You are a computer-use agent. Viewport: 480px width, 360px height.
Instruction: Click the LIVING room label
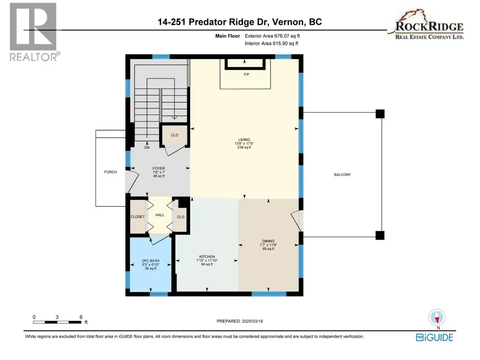click(244, 140)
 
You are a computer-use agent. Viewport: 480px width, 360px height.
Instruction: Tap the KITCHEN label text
click(207, 257)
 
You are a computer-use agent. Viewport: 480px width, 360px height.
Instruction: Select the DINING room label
click(268, 241)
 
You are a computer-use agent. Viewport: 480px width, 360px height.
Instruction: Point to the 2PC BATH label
click(151, 261)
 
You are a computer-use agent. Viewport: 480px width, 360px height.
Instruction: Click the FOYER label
click(159, 169)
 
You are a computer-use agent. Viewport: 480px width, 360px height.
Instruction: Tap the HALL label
click(160, 215)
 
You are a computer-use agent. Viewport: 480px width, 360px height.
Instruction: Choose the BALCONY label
click(342, 175)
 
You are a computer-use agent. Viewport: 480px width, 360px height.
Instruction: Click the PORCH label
click(111, 172)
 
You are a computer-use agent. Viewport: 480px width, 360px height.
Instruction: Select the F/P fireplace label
click(246, 74)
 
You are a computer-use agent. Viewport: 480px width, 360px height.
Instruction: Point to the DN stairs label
click(147, 147)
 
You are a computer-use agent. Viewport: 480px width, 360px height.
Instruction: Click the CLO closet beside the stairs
click(175, 135)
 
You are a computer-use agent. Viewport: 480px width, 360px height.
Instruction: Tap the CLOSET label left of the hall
click(138, 217)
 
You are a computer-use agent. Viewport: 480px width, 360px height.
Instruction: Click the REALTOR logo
click(33, 31)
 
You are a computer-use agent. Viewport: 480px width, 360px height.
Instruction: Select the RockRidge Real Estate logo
click(427, 24)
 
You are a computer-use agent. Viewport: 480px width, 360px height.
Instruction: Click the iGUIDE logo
click(435, 338)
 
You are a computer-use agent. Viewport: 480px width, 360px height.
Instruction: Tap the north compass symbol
click(437, 317)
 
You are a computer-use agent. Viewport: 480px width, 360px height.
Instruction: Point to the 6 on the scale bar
click(81, 317)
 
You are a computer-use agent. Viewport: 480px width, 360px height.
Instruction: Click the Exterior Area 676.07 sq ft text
click(272, 36)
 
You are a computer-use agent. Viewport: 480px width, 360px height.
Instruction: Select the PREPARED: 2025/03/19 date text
click(240, 321)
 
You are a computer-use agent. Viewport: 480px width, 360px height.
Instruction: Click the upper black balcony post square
click(380, 114)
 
